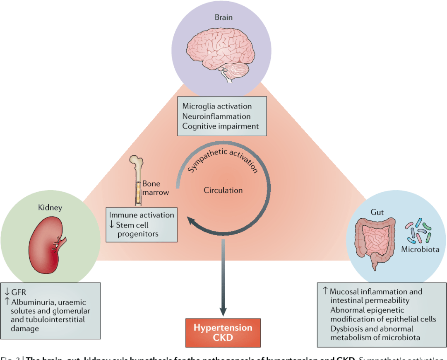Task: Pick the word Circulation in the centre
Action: coord(223,190)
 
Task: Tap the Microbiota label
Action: coord(420,249)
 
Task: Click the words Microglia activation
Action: coord(217,106)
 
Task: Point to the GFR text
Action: coord(19,292)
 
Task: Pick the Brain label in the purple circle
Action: coord(223,17)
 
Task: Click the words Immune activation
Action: coord(141,215)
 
